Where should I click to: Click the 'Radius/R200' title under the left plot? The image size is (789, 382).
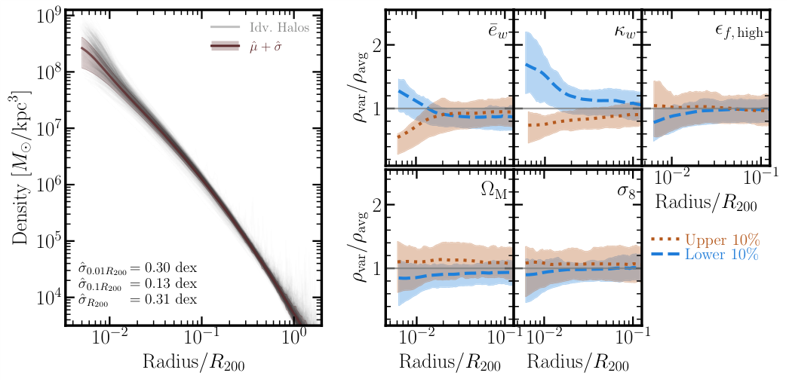tap(189, 362)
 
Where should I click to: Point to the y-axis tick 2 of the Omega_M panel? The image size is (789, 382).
tap(374, 205)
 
